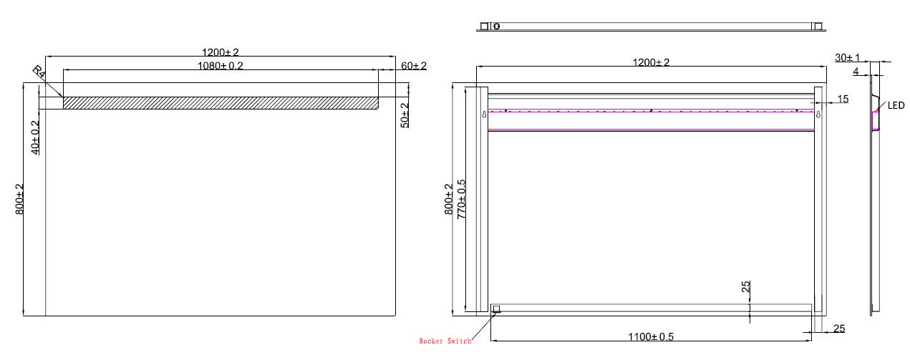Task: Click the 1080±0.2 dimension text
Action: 221,65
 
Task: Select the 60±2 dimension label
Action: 413,66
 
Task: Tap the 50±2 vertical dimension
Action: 405,115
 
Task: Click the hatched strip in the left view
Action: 221,103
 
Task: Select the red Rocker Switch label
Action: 445,341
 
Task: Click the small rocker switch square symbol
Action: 495,309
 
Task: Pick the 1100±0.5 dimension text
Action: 652,336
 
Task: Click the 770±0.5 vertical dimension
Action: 462,198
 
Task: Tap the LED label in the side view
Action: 896,105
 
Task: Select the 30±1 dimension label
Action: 847,57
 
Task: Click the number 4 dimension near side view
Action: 855,71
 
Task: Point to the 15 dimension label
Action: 843,99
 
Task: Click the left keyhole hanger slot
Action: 485,114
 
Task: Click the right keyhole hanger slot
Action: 818,114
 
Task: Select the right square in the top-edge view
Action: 817,26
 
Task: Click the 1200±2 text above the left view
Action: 221,52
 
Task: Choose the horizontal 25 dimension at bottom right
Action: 838,329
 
